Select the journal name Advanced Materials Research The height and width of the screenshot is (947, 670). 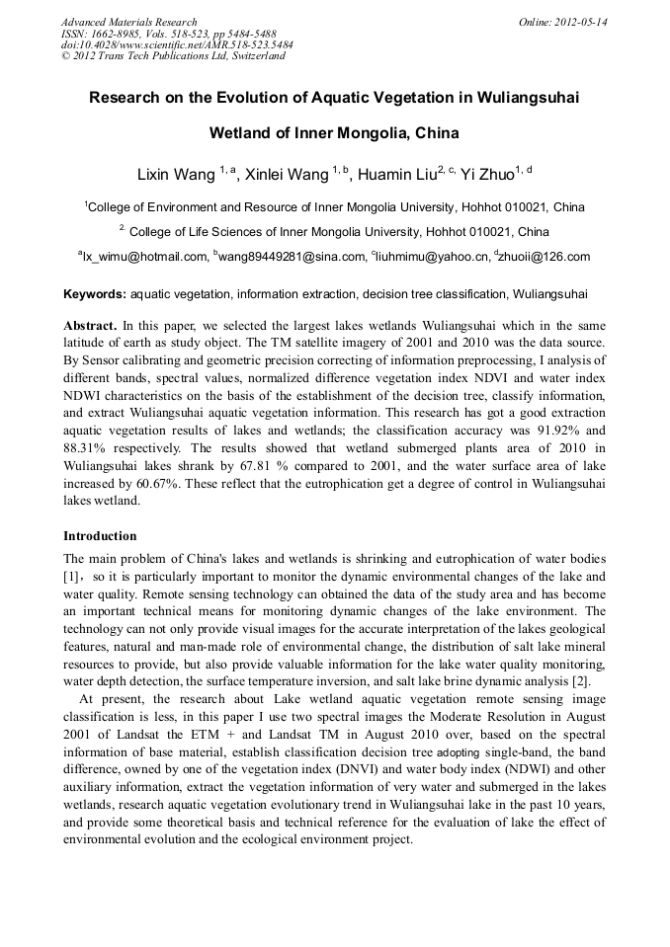[128, 22]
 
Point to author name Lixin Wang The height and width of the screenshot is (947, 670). [177, 175]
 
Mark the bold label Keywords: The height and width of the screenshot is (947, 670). [95, 294]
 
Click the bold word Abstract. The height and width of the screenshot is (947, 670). [90, 325]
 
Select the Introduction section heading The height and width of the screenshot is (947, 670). [100, 536]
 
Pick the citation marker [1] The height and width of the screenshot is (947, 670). [71, 576]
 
